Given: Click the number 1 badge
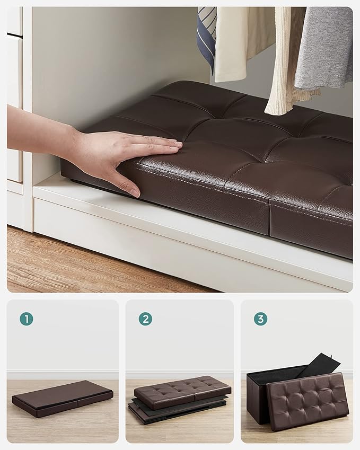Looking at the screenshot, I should coord(27,319).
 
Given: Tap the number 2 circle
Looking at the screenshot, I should coord(145,319).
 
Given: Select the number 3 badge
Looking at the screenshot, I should coord(260,319).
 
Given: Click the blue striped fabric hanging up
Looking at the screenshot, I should coord(207,32).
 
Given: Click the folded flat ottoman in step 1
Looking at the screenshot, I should coord(63,398).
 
